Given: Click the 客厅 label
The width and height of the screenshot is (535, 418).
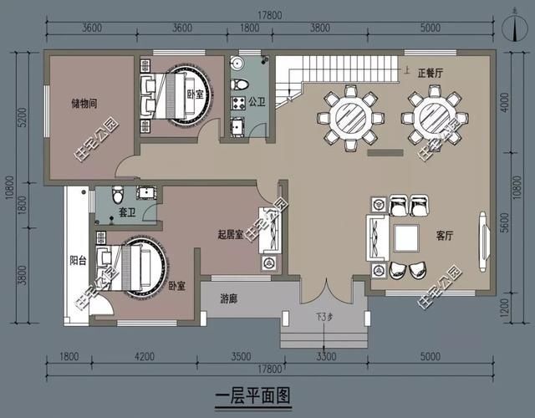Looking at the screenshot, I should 444,237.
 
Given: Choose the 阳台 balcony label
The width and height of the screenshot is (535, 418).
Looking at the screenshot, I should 78,261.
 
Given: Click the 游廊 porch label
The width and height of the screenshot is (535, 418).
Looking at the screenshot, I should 232,298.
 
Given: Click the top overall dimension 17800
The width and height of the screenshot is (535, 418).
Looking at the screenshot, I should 269,14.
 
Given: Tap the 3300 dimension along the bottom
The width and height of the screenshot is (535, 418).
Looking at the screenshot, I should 325,357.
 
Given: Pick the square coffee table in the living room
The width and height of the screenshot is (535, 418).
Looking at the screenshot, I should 406,237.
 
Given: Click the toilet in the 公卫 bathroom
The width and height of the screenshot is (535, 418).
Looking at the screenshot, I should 241,84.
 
